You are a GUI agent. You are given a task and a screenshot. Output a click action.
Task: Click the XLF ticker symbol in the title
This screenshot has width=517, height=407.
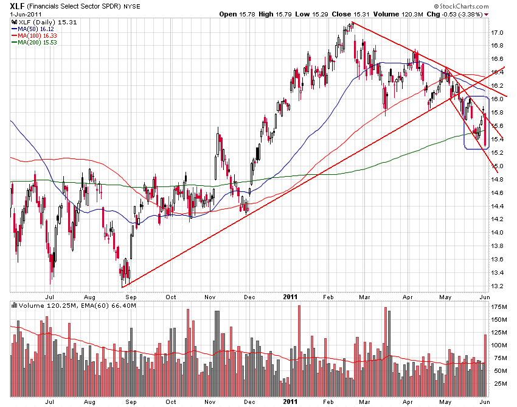pos(18,5)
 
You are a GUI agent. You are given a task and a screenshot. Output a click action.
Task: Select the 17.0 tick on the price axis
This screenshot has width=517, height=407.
pos(498,33)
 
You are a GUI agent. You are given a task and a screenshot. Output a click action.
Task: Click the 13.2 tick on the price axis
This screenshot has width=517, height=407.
pos(498,286)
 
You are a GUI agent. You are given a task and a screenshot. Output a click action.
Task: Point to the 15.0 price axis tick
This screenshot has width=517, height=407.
pos(498,166)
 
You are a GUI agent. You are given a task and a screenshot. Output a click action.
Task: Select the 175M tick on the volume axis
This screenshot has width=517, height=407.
pos(499,306)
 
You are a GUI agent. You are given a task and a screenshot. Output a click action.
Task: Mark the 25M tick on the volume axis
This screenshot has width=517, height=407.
pos(499,383)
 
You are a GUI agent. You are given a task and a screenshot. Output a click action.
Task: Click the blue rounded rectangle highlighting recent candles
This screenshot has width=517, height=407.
pos(476,122)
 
